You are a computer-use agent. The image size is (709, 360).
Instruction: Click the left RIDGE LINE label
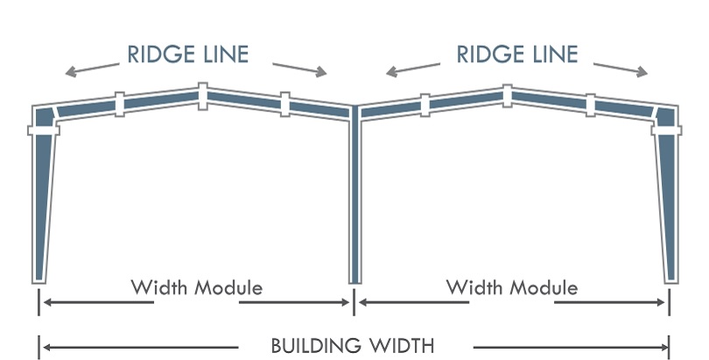[188, 54]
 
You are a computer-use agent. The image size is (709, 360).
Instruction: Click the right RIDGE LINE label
[516, 54]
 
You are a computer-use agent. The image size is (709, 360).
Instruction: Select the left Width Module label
[197, 287]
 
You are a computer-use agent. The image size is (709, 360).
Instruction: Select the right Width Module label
[512, 287]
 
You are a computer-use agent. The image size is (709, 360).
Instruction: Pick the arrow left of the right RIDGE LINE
[412, 67]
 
